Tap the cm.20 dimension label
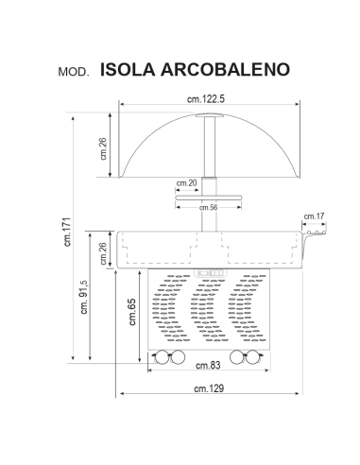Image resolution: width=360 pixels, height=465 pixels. tap(186, 182)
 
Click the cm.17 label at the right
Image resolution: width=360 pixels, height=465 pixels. tap(315, 217)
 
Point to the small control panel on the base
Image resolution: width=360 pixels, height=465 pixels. tap(209, 276)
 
